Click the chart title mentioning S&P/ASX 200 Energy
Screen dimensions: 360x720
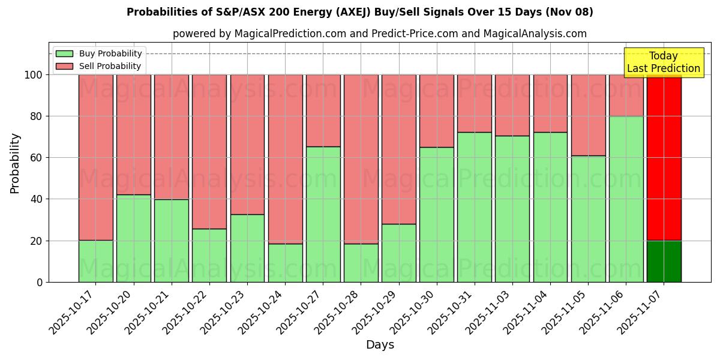tap(359, 12)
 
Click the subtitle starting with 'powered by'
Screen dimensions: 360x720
tap(379, 34)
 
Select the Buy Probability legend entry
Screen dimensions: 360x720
tap(98, 53)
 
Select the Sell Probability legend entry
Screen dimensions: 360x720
tap(98, 66)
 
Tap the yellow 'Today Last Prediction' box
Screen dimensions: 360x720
tap(663, 62)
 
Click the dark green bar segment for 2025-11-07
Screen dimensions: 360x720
tap(664, 261)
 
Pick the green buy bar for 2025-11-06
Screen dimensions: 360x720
tap(626, 199)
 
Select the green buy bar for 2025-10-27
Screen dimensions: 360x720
tap(323, 214)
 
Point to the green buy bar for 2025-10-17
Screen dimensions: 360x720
tap(95, 261)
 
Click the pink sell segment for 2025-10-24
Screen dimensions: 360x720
tap(285, 159)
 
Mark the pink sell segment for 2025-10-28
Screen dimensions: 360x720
tap(361, 159)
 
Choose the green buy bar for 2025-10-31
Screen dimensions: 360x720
tap(474, 207)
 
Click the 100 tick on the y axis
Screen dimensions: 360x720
tap(34, 75)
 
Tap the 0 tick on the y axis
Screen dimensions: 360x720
tap(40, 282)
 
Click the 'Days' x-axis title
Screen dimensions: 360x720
tap(379, 345)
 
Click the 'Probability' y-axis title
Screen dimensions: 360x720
tap(15, 163)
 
